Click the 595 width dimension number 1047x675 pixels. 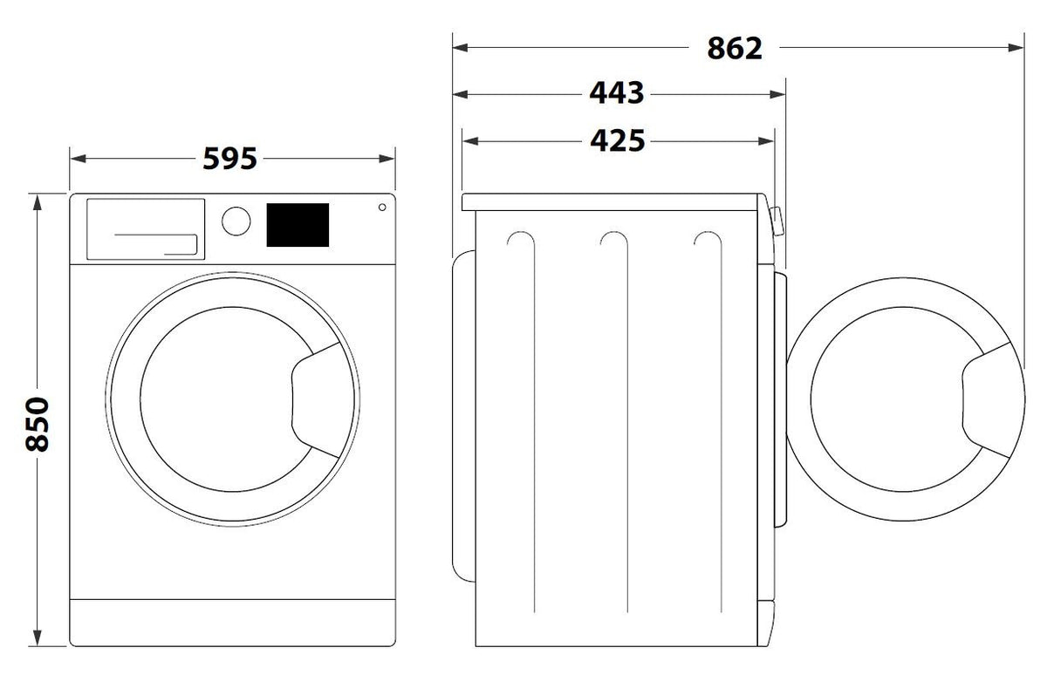tap(230, 159)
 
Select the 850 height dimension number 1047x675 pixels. tap(38, 424)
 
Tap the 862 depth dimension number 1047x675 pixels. tap(735, 48)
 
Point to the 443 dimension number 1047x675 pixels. tap(617, 93)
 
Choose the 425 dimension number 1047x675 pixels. tap(618, 140)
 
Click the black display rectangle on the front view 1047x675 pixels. tap(298, 225)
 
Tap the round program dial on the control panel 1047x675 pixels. tap(236, 221)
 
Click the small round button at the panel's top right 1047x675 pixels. tap(382, 207)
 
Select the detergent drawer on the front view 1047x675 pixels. tap(146, 228)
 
